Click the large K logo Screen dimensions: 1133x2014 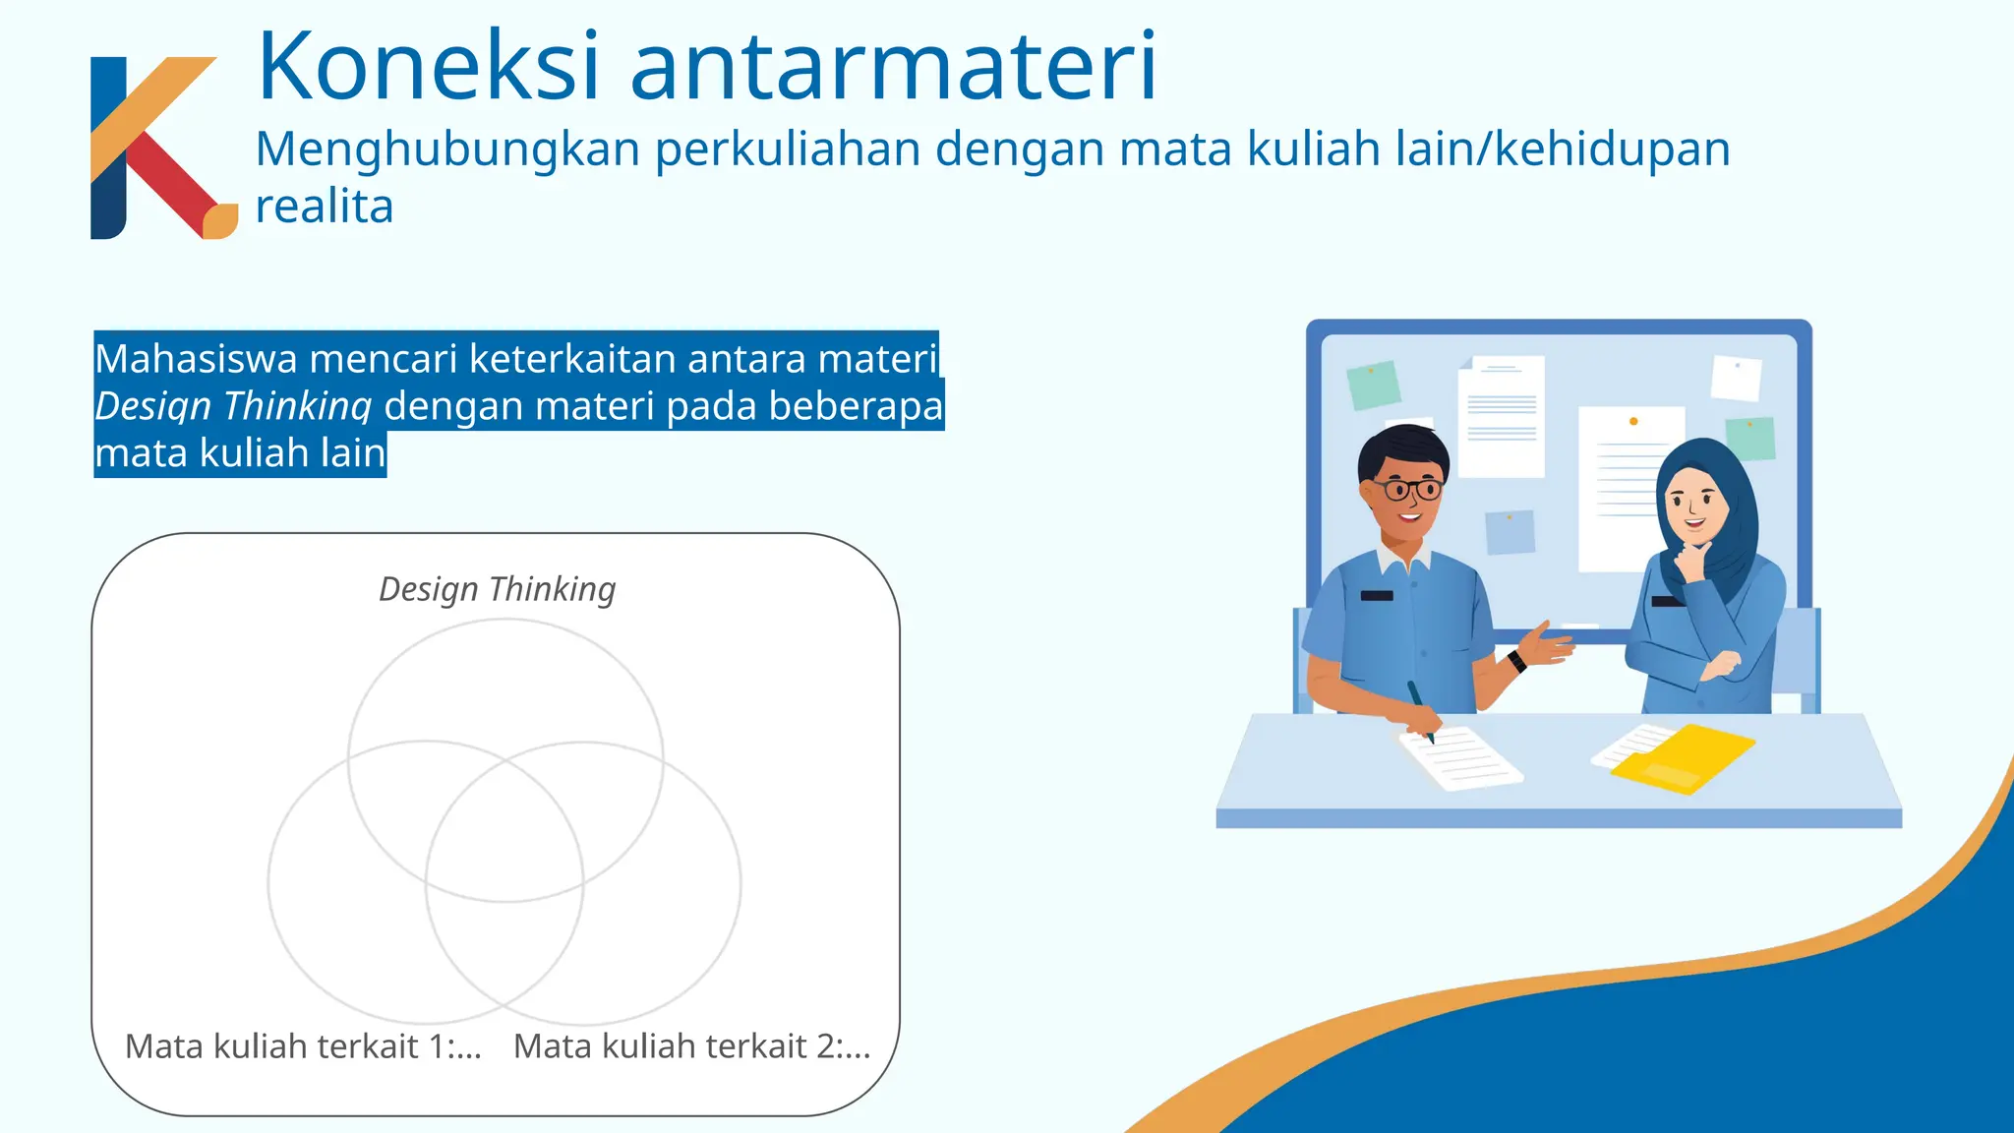157,148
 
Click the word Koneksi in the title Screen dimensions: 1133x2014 428,67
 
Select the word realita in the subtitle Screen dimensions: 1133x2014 325,207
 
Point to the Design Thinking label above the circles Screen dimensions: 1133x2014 498,589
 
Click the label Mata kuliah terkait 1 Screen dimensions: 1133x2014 303,1045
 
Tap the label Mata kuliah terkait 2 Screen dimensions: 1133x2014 691,1045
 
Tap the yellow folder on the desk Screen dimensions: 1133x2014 1684,758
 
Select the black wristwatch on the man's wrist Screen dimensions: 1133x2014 1517,660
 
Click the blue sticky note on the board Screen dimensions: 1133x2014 1510,532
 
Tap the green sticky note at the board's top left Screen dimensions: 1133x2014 1373,385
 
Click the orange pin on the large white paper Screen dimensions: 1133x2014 1633,421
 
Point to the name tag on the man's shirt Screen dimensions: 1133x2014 1377,595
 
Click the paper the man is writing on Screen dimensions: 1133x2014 1460,758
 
